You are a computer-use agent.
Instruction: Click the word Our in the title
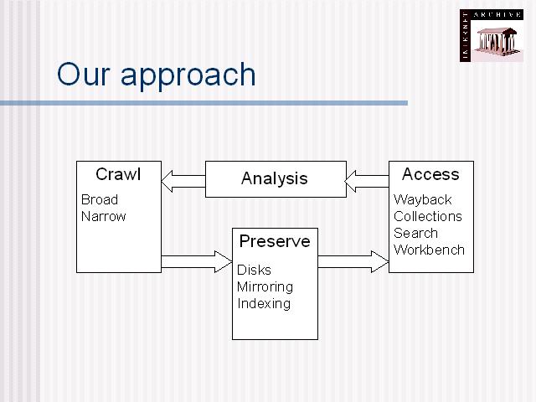coord(84,75)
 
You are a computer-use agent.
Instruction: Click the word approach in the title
coord(188,77)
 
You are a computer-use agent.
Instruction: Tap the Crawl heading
coord(118,174)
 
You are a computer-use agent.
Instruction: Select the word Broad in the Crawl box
coord(100,199)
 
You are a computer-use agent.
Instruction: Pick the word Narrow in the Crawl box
coord(104,216)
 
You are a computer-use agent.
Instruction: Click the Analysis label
coord(275,178)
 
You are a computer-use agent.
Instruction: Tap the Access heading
coord(430,174)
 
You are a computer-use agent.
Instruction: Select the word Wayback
coord(423,200)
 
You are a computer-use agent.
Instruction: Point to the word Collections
coord(428,216)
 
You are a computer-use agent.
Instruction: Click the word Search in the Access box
coord(415,233)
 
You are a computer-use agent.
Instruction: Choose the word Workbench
coord(429,250)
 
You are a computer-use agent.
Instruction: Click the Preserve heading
coord(275,241)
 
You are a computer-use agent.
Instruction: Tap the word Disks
coord(254,270)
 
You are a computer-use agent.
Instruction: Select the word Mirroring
coord(265,287)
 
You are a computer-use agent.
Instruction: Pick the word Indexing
coord(264,304)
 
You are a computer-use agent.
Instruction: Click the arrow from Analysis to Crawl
coord(183,181)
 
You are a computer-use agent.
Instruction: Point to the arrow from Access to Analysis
coord(367,181)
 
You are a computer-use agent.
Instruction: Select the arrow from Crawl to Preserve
coord(197,262)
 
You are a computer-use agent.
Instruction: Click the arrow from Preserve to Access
coord(353,262)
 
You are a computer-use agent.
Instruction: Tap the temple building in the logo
coord(497,43)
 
